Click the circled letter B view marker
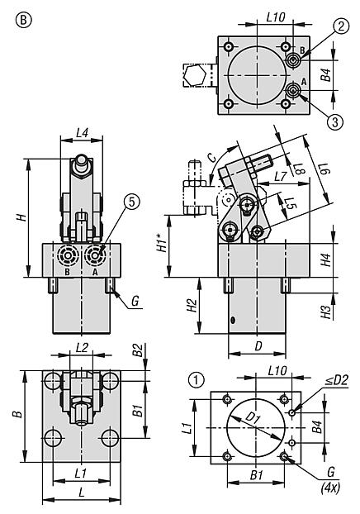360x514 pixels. [24, 21]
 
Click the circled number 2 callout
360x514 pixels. [341, 26]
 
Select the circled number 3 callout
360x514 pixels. [334, 122]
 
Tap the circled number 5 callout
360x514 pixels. [131, 202]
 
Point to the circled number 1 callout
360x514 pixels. [197, 380]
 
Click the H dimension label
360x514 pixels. [22, 217]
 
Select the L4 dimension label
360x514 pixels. [82, 133]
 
